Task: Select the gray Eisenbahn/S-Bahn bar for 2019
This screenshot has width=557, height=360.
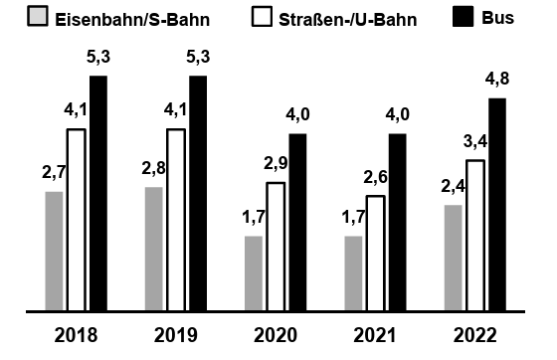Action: click(153, 249)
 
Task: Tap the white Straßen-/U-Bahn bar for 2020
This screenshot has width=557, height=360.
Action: click(276, 247)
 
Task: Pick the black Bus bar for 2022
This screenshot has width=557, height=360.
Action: click(497, 205)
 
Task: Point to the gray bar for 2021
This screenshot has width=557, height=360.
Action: click(353, 273)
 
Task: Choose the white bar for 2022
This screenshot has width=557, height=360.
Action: click(475, 235)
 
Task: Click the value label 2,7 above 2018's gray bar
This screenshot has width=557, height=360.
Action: click(54, 173)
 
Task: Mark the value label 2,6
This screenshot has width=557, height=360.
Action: click(376, 180)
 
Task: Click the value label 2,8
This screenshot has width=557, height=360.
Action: click(153, 168)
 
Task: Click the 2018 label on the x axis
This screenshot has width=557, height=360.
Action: click(76, 335)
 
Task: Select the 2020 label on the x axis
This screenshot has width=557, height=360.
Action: click(275, 335)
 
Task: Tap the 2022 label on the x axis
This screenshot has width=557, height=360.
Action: click(474, 335)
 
